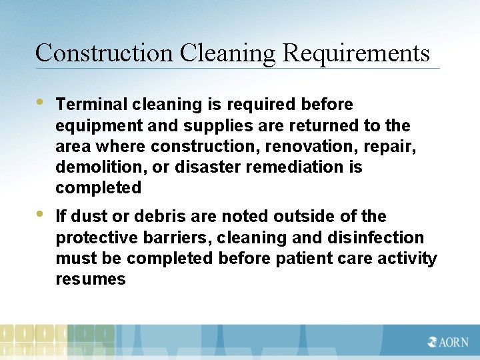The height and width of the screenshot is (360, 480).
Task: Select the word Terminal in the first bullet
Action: pyautogui.click(x=92, y=104)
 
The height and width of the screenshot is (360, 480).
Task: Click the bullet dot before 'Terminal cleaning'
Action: pyautogui.click(x=39, y=103)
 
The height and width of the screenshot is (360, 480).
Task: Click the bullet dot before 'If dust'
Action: pyautogui.click(x=39, y=215)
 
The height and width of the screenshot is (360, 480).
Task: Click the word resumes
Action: pyautogui.click(x=91, y=279)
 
